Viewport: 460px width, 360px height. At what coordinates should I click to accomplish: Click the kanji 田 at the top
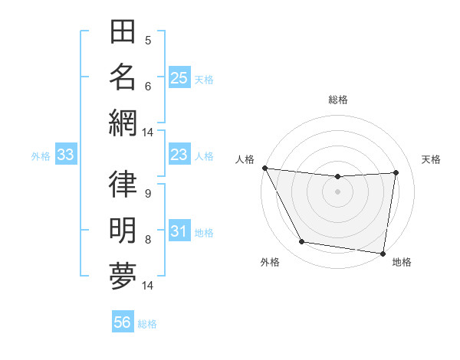[x=123, y=33]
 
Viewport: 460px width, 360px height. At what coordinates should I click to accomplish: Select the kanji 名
[x=123, y=77]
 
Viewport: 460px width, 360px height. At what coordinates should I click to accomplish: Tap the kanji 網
[x=123, y=122]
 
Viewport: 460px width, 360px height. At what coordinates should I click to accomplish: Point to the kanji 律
[x=123, y=185]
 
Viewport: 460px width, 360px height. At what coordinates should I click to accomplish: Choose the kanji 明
[x=123, y=230]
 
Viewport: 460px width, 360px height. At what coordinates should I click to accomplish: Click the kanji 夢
[x=123, y=275]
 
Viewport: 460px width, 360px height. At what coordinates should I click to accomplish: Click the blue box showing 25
[x=179, y=78]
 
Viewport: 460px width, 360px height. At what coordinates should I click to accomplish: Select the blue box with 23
[x=179, y=155]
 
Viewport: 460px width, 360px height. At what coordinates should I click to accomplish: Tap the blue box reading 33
[x=66, y=155]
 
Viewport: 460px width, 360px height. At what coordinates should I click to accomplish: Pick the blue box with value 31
[x=179, y=232]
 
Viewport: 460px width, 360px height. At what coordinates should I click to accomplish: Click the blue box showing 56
[x=123, y=323]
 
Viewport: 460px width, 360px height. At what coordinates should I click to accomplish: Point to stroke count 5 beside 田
[x=148, y=40]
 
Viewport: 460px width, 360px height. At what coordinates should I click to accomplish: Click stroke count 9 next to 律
[x=148, y=193]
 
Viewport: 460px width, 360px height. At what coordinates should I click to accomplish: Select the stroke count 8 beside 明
[x=148, y=239]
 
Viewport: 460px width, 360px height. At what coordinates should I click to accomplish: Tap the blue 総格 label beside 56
[x=147, y=324]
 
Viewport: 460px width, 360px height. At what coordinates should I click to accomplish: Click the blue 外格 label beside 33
[x=41, y=156]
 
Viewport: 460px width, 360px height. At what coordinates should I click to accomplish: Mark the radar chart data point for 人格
[x=265, y=168]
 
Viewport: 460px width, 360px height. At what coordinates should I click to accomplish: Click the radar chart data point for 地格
[x=383, y=253]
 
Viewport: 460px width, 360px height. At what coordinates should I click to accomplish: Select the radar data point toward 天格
[x=396, y=172]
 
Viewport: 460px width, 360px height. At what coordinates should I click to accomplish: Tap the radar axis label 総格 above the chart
[x=338, y=100]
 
